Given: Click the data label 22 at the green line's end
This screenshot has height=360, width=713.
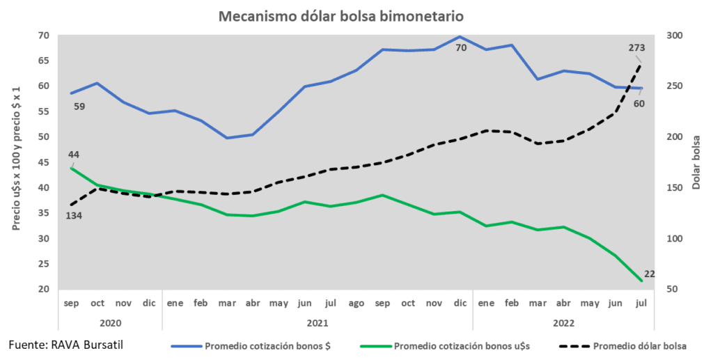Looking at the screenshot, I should pyautogui.click(x=649, y=274).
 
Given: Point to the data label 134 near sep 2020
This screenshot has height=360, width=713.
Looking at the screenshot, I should pyautogui.click(x=74, y=215).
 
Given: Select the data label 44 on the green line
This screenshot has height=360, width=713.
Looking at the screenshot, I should pyautogui.click(x=72, y=154).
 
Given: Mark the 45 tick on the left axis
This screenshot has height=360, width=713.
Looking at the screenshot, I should pyautogui.click(x=44, y=163).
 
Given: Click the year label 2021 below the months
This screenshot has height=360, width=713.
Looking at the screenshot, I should pyautogui.click(x=317, y=323).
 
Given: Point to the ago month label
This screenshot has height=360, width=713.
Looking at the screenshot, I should pyautogui.click(x=356, y=304).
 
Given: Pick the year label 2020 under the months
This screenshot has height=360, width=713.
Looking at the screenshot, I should pyautogui.click(x=110, y=323).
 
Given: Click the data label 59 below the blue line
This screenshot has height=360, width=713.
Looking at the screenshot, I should pyautogui.click(x=79, y=107).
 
